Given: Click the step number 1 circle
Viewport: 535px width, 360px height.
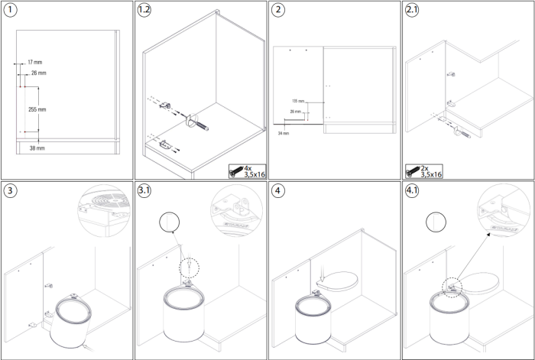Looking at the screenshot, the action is pos(10,11).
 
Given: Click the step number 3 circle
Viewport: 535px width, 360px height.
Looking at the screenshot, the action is pos(10,190).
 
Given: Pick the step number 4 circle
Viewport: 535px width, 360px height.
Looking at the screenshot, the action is pos(278,190).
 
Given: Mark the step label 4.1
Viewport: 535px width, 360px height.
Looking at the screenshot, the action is pos(413,190).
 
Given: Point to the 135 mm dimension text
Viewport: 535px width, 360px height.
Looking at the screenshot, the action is pos(298,101).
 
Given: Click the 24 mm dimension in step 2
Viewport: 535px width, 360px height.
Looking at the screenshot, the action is pos(285,132).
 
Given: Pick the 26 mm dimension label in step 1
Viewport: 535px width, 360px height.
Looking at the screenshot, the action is pos(38,73).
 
